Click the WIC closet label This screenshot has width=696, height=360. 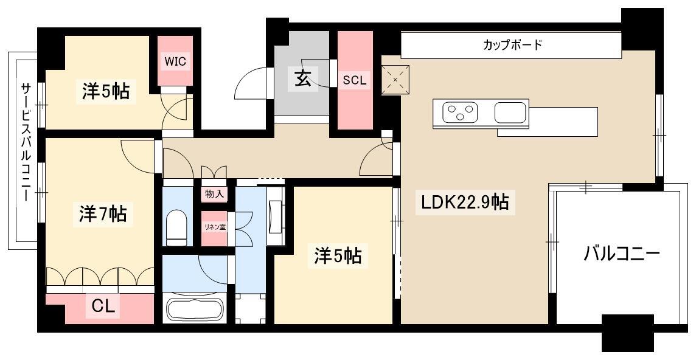click(x=175, y=61)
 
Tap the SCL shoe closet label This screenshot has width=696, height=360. click(x=355, y=80)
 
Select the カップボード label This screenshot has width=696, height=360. click(x=513, y=45)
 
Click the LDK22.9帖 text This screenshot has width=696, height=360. click(x=465, y=202)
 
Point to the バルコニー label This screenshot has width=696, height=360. click(x=621, y=254)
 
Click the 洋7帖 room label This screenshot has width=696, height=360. click(x=103, y=214)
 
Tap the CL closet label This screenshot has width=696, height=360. click(x=103, y=305)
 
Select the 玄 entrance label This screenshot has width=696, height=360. click(x=303, y=79)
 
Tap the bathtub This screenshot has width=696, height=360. click(x=195, y=309)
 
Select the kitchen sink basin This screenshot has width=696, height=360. click(x=510, y=112)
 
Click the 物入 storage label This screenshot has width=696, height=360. click(x=214, y=194)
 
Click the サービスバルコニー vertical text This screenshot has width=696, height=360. click(x=26, y=143)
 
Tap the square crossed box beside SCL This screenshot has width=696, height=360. click(x=395, y=80)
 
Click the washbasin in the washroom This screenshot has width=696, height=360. click(x=275, y=216)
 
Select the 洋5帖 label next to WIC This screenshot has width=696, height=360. click(x=106, y=91)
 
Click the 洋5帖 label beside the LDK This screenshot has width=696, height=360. click(x=338, y=255)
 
